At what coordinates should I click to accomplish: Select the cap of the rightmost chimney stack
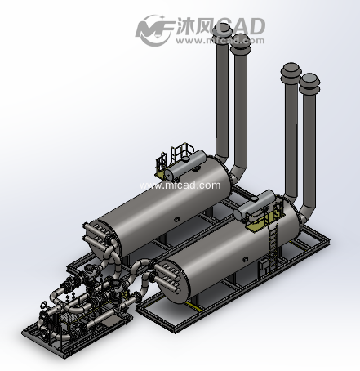point(309,81)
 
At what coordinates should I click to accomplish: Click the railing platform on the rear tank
point(183,154)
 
